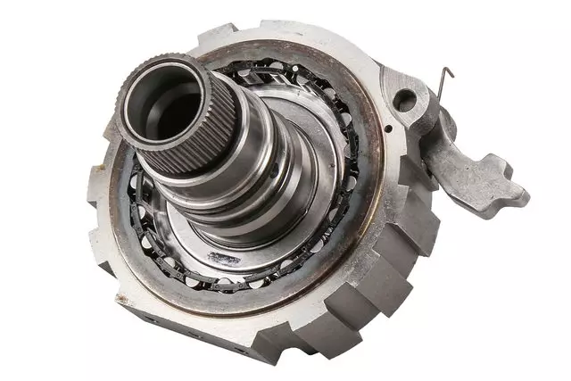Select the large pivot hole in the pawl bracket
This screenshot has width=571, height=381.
[406, 99]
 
